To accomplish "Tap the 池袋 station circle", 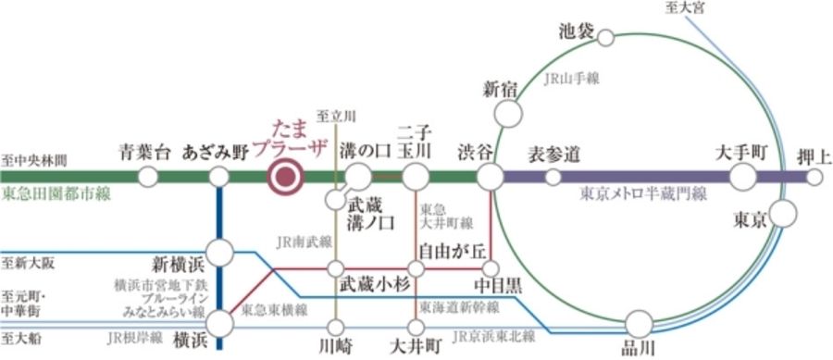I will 606,38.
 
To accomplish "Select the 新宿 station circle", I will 507,113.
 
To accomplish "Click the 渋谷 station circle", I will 490,177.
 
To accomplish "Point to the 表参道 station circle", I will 553,177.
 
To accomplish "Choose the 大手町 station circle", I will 743,177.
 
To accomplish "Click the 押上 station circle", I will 814,177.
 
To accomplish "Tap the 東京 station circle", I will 783,214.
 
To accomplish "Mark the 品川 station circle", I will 639,324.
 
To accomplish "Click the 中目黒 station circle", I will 490,268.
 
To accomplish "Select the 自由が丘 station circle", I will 416,268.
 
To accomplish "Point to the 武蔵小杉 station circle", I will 335,268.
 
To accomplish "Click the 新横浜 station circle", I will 220,252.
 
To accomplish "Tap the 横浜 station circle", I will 220,323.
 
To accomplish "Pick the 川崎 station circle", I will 335,326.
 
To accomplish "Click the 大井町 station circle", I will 416,326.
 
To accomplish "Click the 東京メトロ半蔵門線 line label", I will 643,194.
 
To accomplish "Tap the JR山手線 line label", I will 571,80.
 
